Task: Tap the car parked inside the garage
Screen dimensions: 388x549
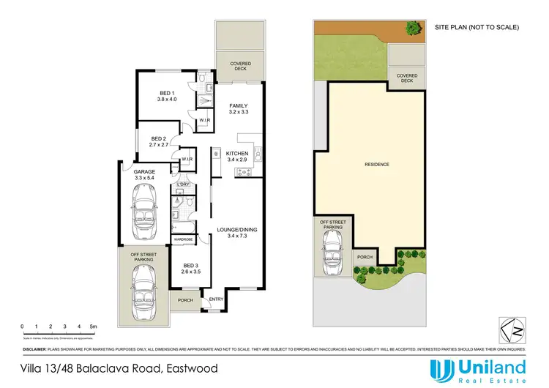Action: (x=142, y=209)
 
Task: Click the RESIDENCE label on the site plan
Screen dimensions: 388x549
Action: (x=377, y=165)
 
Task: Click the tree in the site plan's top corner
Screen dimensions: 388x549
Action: (x=413, y=28)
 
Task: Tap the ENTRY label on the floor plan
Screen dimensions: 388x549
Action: (x=217, y=299)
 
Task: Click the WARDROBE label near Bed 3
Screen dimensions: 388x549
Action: (x=183, y=239)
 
